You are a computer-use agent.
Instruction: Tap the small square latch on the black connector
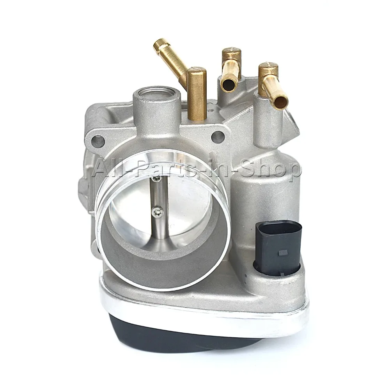pos(283,253)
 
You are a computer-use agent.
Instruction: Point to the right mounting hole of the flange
pos(218,136)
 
